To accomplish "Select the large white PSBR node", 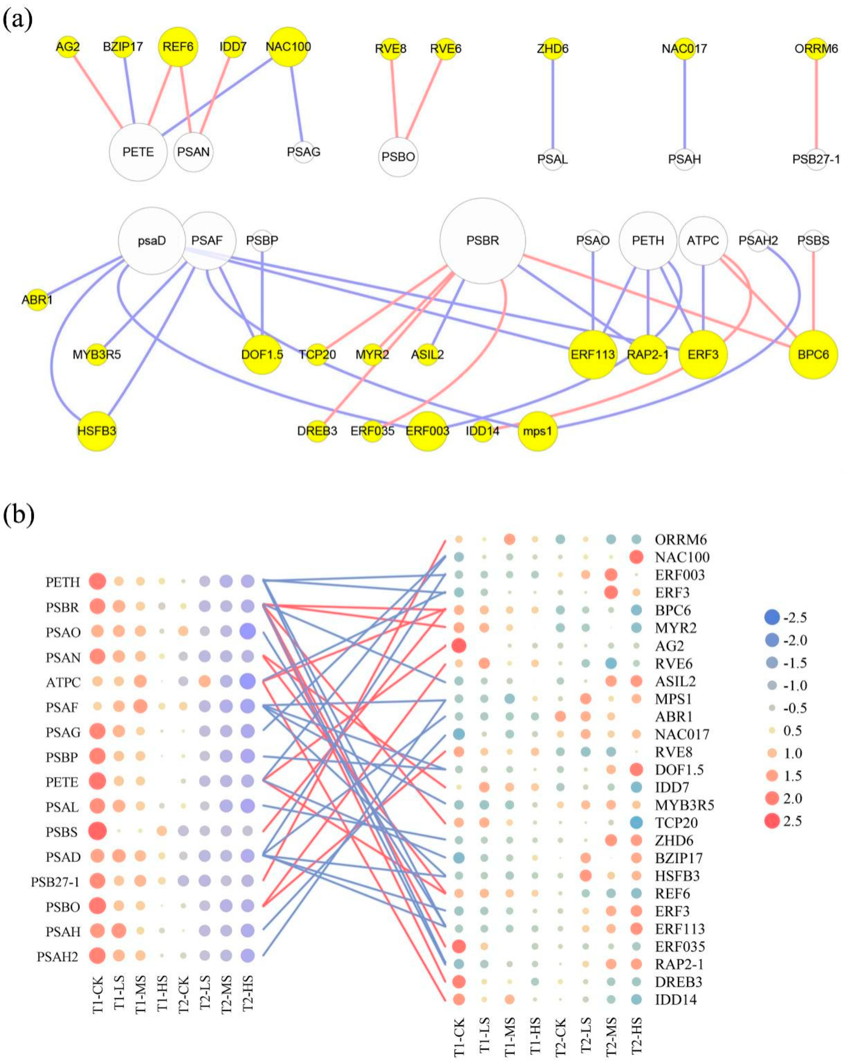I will (x=482, y=241).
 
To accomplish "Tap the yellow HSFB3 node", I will (x=97, y=431).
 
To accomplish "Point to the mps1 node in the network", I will (x=537, y=431).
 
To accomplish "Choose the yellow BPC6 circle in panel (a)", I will (x=813, y=354).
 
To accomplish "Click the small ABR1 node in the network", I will (x=37, y=299).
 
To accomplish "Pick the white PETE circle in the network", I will (x=138, y=152).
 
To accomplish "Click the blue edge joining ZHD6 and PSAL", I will (x=552, y=104).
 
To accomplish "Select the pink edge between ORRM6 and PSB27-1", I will (x=816, y=104).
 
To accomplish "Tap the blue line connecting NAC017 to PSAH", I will (x=684, y=104).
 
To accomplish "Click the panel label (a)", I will (x=18, y=21).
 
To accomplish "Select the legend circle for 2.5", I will (x=772, y=821).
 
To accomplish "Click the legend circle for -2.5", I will (x=772, y=617).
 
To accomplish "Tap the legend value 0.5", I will (x=793, y=731).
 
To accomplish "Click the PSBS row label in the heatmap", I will (x=62, y=832).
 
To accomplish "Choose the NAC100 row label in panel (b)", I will (x=682, y=557).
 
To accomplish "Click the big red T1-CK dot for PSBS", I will (x=97, y=831).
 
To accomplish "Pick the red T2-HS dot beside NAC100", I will (x=636, y=557).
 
